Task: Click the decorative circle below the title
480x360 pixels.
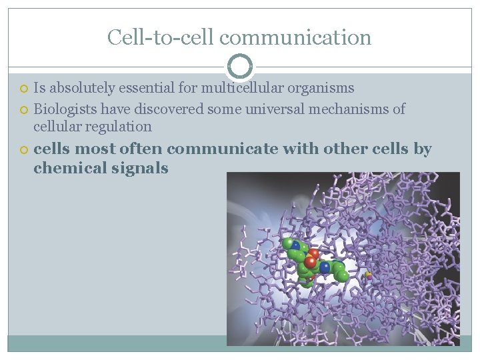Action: (240, 67)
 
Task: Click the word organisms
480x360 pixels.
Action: (321, 88)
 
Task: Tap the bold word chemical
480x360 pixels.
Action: (65, 168)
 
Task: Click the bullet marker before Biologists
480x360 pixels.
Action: (24, 109)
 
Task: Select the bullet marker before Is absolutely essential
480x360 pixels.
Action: (24, 89)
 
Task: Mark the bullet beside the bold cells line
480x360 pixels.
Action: (24, 150)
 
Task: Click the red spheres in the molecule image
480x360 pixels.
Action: (312, 259)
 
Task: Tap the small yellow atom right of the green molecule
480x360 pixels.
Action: (368, 274)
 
